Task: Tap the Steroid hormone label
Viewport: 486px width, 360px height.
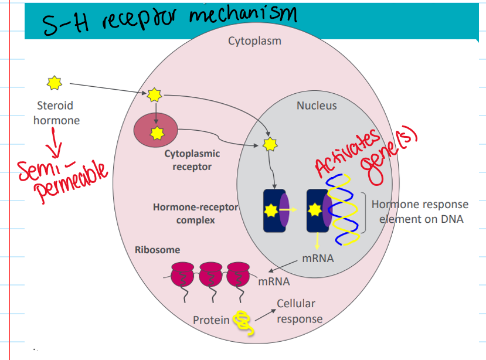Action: click(55, 113)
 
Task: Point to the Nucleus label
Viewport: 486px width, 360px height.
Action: click(317, 106)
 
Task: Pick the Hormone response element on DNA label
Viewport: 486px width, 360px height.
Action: click(419, 212)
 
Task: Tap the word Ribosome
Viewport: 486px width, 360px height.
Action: click(158, 250)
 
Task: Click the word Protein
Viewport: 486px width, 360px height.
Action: click(211, 320)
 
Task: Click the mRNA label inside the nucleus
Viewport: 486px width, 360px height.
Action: click(319, 257)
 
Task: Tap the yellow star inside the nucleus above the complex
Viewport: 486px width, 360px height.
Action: click(270, 143)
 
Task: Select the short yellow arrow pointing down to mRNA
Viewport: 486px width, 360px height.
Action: click(317, 240)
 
